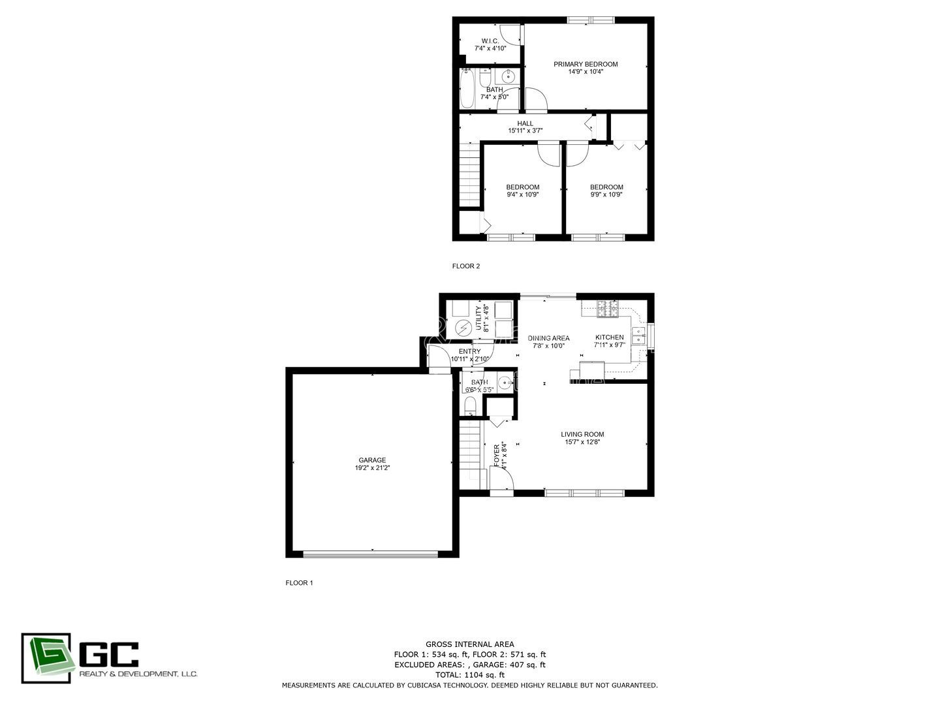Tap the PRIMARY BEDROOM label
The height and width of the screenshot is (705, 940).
point(586,64)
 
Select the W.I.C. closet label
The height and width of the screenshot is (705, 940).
point(490,41)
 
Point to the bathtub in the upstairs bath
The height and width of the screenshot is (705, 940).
point(467,90)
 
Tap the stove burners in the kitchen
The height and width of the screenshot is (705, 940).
point(608,309)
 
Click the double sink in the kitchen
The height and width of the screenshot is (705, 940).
point(638,336)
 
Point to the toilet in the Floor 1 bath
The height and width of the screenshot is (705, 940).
point(470,406)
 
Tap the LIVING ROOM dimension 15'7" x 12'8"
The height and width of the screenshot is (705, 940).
point(582,442)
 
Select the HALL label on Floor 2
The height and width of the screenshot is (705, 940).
point(525,123)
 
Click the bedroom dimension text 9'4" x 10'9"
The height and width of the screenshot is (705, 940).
point(523,195)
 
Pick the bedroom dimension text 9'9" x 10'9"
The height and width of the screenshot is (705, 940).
point(606,195)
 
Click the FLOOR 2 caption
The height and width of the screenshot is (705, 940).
point(466,266)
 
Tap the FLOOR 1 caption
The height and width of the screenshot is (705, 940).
point(299,583)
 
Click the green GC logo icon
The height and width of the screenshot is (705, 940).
point(46,658)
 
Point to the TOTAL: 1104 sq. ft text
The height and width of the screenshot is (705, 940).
point(469,675)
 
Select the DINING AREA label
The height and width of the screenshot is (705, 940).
point(548,338)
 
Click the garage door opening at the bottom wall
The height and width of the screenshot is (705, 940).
point(371,554)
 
